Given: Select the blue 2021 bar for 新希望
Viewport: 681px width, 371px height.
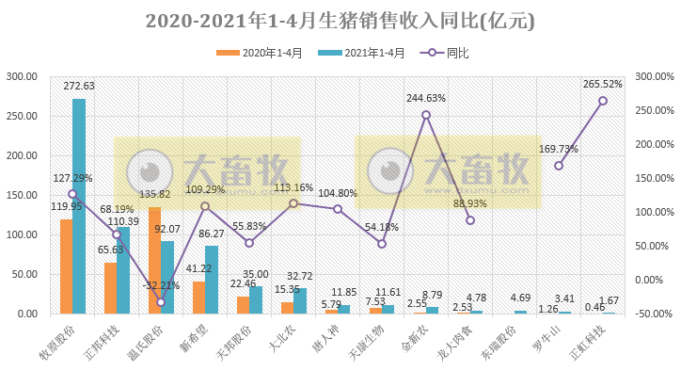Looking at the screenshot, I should tap(212, 279).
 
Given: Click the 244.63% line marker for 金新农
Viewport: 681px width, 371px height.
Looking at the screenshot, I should tap(426, 115).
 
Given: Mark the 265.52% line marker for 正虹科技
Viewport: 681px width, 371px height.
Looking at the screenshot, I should tap(603, 101).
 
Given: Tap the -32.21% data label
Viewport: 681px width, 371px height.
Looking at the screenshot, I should tap(160, 285).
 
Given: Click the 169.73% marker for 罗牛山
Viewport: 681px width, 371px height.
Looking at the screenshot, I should tap(559, 166).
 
